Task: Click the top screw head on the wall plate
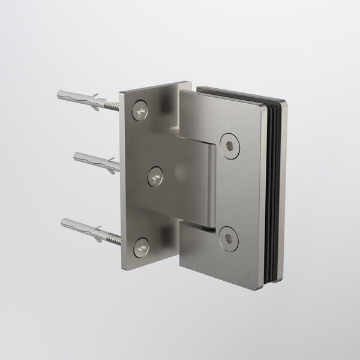pos(140,109)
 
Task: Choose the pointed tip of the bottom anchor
pos(63,223)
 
